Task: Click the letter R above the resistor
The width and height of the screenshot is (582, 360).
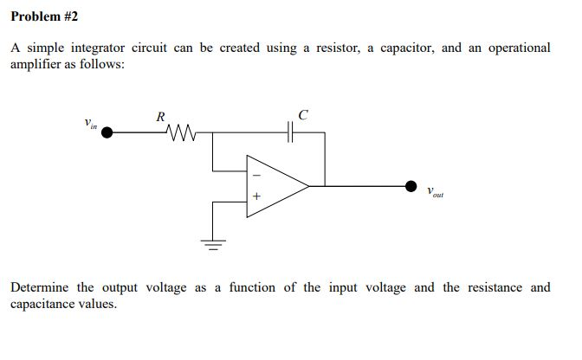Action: (x=160, y=116)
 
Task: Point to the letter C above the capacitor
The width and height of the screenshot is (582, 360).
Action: (x=302, y=114)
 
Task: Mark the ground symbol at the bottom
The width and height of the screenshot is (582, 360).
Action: (x=214, y=241)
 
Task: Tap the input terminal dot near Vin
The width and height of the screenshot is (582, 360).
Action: (x=108, y=132)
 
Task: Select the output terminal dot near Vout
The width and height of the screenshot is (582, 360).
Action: (x=411, y=184)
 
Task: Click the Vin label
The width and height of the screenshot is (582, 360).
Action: (x=90, y=124)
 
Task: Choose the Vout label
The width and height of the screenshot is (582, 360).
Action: (x=435, y=192)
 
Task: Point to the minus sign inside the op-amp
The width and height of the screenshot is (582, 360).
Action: (x=255, y=173)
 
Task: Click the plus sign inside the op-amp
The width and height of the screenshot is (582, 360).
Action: (x=255, y=196)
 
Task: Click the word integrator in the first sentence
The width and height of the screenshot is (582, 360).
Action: (x=94, y=48)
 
